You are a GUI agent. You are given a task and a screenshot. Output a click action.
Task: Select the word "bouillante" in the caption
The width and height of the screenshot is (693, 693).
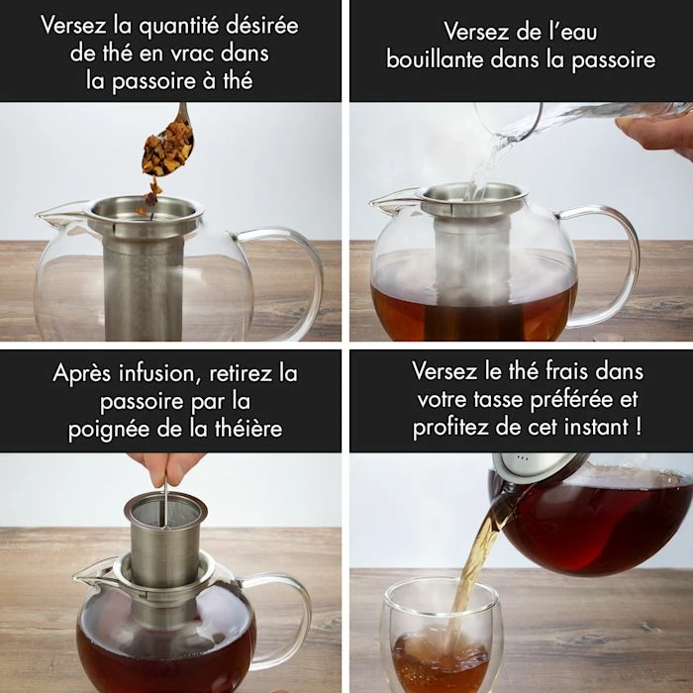click(435, 59)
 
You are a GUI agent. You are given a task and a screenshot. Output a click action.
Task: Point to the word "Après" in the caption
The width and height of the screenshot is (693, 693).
click(81, 374)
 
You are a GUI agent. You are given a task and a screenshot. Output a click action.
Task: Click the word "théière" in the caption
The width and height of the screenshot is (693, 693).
click(248, 428)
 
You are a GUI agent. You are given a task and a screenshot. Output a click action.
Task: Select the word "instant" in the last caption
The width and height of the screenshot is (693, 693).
click(597, 427)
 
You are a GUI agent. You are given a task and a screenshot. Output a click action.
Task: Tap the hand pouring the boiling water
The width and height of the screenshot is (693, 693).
click(655, 134)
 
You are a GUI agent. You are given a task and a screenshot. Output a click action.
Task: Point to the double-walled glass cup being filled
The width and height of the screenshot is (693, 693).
click(441, 637)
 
